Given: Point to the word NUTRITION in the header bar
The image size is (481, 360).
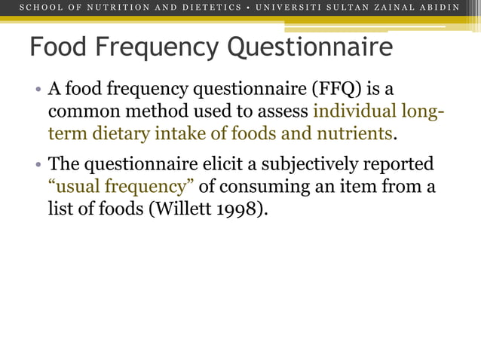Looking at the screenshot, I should pyautogui.click(x=104, y=8).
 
